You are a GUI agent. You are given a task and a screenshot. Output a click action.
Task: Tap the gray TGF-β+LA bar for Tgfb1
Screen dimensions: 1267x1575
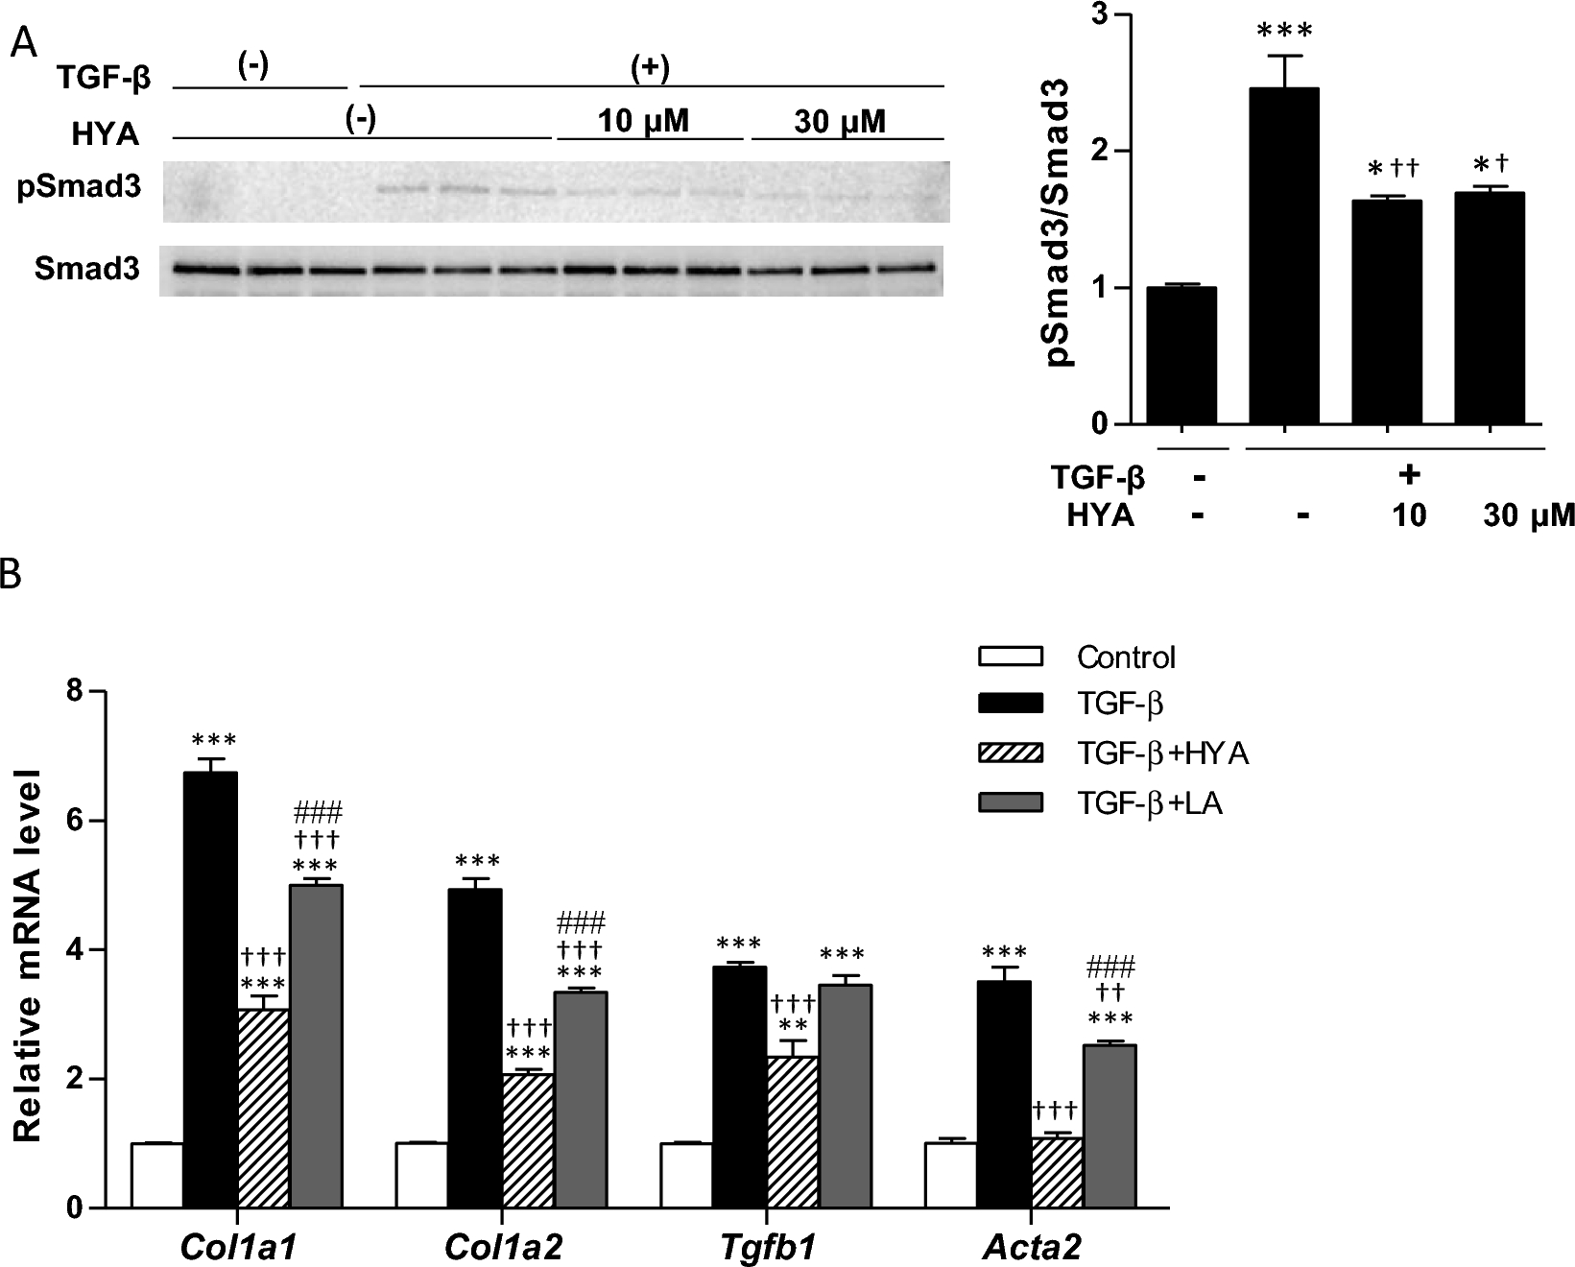click(x=846, y=1095)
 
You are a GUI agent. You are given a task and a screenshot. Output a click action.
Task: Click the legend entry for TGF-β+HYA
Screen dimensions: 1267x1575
click(x=1161, y=753)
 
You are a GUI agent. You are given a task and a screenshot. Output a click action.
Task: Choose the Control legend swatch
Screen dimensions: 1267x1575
click(x=1010, y=657)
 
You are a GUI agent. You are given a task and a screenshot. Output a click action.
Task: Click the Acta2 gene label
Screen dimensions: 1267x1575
click(x=1032, y=1247)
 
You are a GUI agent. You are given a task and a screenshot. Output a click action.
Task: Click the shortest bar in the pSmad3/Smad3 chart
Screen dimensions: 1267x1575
click(x=1180, y=355)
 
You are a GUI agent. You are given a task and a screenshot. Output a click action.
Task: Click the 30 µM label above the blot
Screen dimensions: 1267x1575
click(x=840, y=122)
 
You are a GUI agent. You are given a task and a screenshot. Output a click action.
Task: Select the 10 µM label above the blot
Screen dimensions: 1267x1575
click(x=643, y=122)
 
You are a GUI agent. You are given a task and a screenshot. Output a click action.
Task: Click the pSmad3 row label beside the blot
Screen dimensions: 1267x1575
click(x=79, y=186)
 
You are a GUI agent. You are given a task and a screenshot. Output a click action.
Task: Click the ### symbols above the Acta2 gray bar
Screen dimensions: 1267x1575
click(x=1110, y=965)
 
